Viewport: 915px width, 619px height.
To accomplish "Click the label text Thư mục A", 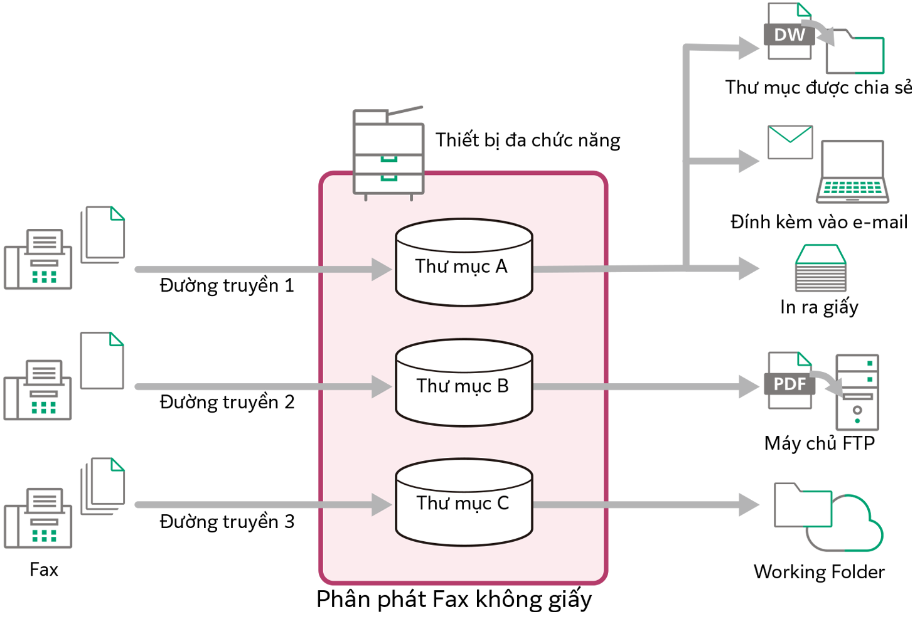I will pos(461,267).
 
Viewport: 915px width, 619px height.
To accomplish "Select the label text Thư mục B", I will pos(463,386).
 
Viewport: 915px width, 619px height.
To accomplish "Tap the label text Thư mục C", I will pos(463,503).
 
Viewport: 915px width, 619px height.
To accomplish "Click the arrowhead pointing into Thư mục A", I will pos(382,269).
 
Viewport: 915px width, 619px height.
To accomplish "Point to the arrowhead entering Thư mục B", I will pos(382,387).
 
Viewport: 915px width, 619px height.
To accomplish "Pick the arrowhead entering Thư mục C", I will pos(382,505).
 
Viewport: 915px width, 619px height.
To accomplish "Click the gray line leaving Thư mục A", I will pos(568,269).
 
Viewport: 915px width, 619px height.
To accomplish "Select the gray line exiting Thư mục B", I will pos(568,387).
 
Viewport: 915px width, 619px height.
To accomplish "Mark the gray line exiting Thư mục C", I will pos(568,505).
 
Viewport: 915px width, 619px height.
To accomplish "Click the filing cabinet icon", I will pos(388,157).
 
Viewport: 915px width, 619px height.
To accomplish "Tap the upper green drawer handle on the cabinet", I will pos(389,158).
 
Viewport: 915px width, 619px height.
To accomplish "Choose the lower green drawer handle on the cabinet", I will pos(389,179).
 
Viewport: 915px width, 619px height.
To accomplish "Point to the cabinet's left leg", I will pos(366,198).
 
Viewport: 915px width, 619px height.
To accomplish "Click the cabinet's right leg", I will pos(412,198).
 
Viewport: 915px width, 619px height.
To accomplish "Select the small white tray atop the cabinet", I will pos(370,117).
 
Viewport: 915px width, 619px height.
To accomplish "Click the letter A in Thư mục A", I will pos(501,267).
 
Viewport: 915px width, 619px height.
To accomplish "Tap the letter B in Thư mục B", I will pos(502,386).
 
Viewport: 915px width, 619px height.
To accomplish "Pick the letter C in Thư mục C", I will pos(503,503).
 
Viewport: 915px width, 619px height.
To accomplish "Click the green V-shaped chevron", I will pos(791,137).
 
